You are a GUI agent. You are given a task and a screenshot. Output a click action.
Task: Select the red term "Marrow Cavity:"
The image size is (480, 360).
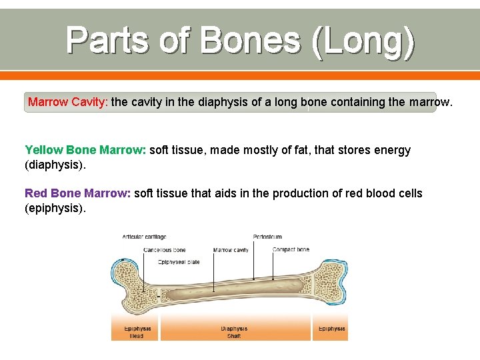tap(67, 103)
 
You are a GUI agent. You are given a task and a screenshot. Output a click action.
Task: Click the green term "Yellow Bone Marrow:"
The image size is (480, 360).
tap(85, 150)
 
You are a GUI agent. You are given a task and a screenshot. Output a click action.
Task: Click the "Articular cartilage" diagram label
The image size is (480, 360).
tap(144, 237)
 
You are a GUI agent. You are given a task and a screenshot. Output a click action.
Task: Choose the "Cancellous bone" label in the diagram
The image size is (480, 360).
tap(165, 250)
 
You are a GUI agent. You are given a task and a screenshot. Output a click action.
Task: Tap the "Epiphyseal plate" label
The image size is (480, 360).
tap(179, 262)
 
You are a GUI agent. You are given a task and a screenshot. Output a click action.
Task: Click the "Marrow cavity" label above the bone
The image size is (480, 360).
tap(231, 250)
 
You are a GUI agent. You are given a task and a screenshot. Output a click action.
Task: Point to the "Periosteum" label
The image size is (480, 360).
tap(267, 237)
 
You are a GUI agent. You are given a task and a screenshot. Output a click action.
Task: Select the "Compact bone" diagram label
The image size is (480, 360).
tap(291, 250)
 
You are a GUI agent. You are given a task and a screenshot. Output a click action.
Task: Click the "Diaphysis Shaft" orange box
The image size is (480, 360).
tap(234, 331)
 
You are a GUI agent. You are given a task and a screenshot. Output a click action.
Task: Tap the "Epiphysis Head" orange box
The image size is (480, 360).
tap(137, 331)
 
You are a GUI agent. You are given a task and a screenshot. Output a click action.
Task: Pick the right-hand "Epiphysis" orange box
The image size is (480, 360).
tap(331, 329)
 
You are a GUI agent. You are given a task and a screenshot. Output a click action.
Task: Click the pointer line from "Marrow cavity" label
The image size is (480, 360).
tap(213, 273)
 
